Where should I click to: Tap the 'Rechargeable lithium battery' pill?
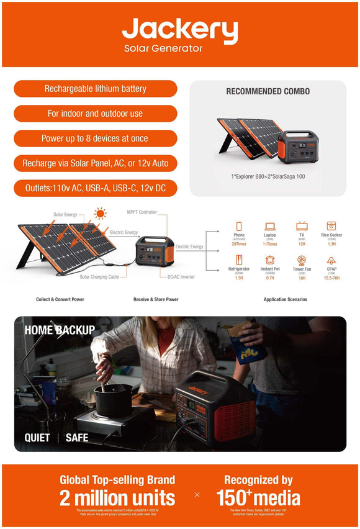95,89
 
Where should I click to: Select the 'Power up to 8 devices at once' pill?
95,138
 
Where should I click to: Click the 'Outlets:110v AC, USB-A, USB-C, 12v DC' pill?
95,188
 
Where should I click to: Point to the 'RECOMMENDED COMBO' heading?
268,91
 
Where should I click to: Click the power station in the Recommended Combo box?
297,147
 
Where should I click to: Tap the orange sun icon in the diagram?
99,214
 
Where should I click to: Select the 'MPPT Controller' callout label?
142,212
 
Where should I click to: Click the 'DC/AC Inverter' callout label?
181,277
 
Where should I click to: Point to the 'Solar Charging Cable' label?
99,277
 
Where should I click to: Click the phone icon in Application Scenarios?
239,226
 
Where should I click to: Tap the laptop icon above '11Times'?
270,226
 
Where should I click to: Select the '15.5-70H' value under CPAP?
331,278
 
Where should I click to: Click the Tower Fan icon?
302,260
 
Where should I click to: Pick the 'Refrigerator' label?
239,269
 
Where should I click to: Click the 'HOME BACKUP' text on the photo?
60,330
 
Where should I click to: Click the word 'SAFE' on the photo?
77,438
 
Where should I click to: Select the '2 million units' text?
117,498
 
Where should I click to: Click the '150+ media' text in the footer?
258,498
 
